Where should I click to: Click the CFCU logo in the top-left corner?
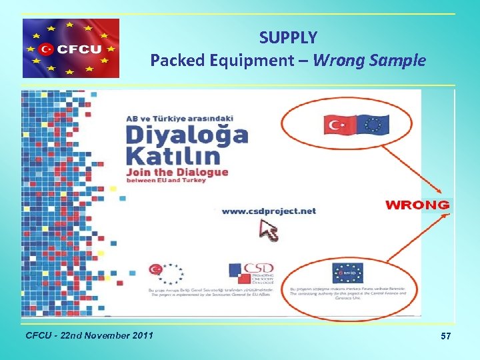click(71, 48)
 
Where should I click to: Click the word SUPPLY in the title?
click(288, 37)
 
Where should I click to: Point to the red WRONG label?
click(418, 205)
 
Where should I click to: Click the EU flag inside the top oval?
click(373, 125)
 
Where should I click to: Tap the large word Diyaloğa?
click(187, 136)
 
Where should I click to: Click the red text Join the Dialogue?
click(177, 173)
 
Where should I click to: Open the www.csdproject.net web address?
click(268, 211)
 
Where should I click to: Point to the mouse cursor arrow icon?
click(269, 232)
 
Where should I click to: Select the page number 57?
click(445, 337)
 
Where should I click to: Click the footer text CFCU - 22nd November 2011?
click(89, 334)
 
